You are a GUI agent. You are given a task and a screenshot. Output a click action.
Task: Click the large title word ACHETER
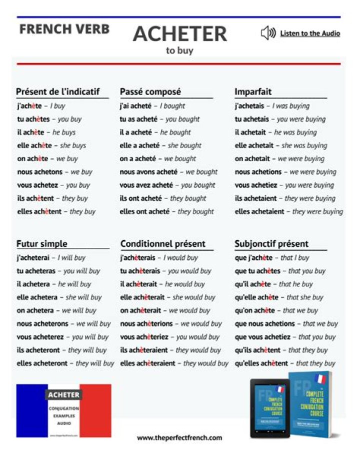pyautogui.click(x=180, y=34)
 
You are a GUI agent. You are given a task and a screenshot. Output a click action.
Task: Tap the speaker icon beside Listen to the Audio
pyautogui.click(x=268, y=34)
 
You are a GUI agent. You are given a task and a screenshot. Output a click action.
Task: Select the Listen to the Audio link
pyautogui.click(x=310, y=34)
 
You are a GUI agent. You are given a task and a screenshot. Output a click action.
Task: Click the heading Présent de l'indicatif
pyautogui.click(x=58, y=92)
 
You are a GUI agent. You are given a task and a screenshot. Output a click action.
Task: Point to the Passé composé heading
pyautogui.click(x=150, y=92)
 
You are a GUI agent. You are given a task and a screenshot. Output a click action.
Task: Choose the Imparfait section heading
pyautogui.click(x=253, y=92)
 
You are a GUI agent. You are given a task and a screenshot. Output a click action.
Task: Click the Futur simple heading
pyautogui.click(x=42, y=244)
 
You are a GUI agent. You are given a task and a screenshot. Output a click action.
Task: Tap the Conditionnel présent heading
pyautogui.click(x=163, y=244)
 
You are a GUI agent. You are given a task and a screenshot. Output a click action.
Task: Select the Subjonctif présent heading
pyautogui.click(x=271, y=244)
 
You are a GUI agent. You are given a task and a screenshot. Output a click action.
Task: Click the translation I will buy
pyautogui.click(x=71, y=258)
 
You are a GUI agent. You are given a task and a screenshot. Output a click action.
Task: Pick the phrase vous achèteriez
pyautogui.click(x=145, y=337)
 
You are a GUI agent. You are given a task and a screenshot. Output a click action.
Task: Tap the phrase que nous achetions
pyautogui.click(x=265, y=324)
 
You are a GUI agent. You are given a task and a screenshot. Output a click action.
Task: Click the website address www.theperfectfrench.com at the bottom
pyautogui.click(x=179, y=437)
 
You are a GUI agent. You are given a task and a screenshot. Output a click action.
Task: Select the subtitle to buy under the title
pyautogui.click(x=179, y=51)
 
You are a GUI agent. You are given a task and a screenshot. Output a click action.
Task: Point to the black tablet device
pyautogui.click(x=268, y=407)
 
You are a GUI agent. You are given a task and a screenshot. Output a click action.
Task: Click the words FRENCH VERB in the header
pyautogui.click(x=64, y=29)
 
